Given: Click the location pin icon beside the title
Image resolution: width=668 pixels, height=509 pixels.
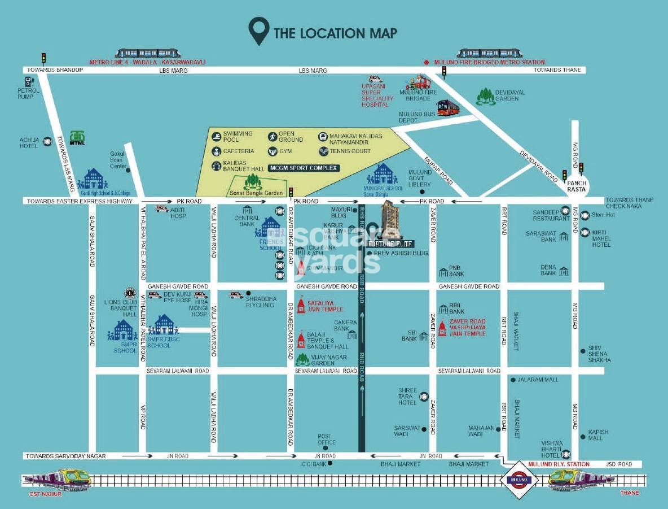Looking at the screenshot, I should [x=259, y=32].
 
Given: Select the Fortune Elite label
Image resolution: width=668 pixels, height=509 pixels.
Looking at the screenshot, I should [x=390, y=243].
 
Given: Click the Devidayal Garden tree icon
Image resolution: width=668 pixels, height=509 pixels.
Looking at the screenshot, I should [x=486, y=97].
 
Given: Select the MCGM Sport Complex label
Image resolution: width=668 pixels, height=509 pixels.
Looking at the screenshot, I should [x=304, y=168].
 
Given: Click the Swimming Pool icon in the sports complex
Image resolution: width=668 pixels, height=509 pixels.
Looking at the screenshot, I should [x=216, y=136].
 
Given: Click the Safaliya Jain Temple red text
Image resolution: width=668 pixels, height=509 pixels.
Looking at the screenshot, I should [x=325, y=306].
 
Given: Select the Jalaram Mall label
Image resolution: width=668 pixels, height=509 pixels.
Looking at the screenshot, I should [x=538, y=380].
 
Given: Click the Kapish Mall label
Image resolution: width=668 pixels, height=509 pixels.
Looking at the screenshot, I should [x=598, y=435].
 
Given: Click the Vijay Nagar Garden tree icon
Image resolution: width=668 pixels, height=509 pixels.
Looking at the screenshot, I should [x=303, y=359].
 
